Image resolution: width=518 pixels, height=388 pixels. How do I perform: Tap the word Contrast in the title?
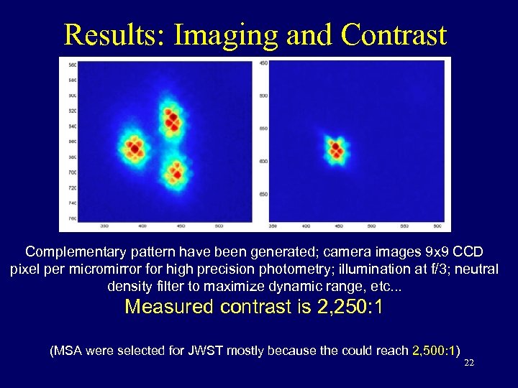point(394,34)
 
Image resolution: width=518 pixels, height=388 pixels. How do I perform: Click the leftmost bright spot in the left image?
point(134,148)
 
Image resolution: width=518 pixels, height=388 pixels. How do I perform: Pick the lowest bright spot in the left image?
point(176,172)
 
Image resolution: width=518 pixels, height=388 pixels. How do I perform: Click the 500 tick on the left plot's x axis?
point(218,226)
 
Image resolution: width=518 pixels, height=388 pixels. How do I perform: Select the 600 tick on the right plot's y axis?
point(263,161)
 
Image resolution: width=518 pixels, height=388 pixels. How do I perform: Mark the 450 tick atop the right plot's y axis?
point(263,63)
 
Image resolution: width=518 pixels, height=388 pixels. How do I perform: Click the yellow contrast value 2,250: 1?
point(350,308)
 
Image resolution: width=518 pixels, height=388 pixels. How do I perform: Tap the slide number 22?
point(469,364)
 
